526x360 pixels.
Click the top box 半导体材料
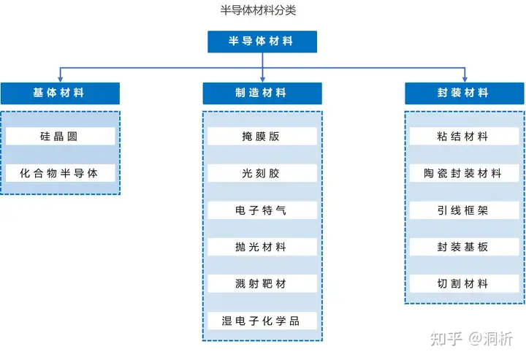coord(262,42)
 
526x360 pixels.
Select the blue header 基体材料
coord(60,93)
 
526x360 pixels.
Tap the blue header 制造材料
coord(262,93)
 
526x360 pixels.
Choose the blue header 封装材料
coord(465,93)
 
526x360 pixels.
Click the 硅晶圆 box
coord(60,136)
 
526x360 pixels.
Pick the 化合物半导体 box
coord(60,173)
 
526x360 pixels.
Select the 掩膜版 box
coord(262,136)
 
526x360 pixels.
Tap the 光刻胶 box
coord(262,173)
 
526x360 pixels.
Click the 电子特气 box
coord(262,210)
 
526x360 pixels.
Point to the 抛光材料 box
coord(262,247)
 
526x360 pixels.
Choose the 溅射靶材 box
coord(262,283)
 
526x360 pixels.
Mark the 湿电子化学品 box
coord(262,321)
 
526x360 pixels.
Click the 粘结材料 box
coord(465,136)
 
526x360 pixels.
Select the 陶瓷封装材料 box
coord(465,173)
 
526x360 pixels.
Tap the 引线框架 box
coord(465,210)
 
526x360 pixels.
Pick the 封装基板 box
coord(465,247)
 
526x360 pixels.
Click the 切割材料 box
coord(465,283)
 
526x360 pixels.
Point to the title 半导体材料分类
coord(258,10)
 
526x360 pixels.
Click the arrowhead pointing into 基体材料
coord(61,80)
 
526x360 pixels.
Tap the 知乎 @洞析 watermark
coord(472,339)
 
